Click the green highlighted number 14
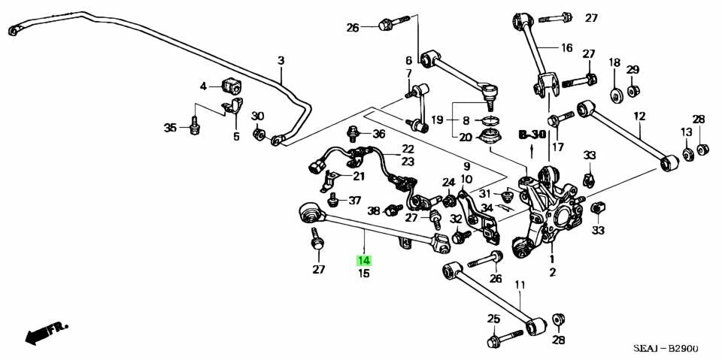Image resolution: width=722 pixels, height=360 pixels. (364, 261)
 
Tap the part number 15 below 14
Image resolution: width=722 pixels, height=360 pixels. (364, 274)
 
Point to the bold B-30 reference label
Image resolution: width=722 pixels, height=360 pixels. (532, 135)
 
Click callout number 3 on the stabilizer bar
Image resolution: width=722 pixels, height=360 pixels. (281, 60)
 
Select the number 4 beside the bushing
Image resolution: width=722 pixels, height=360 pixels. (203, 86)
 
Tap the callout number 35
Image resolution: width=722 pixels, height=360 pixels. (171, 127)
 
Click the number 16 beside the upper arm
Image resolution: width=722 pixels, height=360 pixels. (566, 47)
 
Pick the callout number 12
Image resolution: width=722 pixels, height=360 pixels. (639, 116)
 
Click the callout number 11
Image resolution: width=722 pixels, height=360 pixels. (520, 285)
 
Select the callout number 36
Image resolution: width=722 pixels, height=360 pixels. (378, 135)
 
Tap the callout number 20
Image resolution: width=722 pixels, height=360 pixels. (466, 137)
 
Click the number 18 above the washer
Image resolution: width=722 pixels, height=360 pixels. (614, 62)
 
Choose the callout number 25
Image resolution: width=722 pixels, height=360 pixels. (493, 319)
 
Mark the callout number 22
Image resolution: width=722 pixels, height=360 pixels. (408, 149)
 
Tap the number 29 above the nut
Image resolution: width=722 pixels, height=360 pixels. (633, 70)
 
